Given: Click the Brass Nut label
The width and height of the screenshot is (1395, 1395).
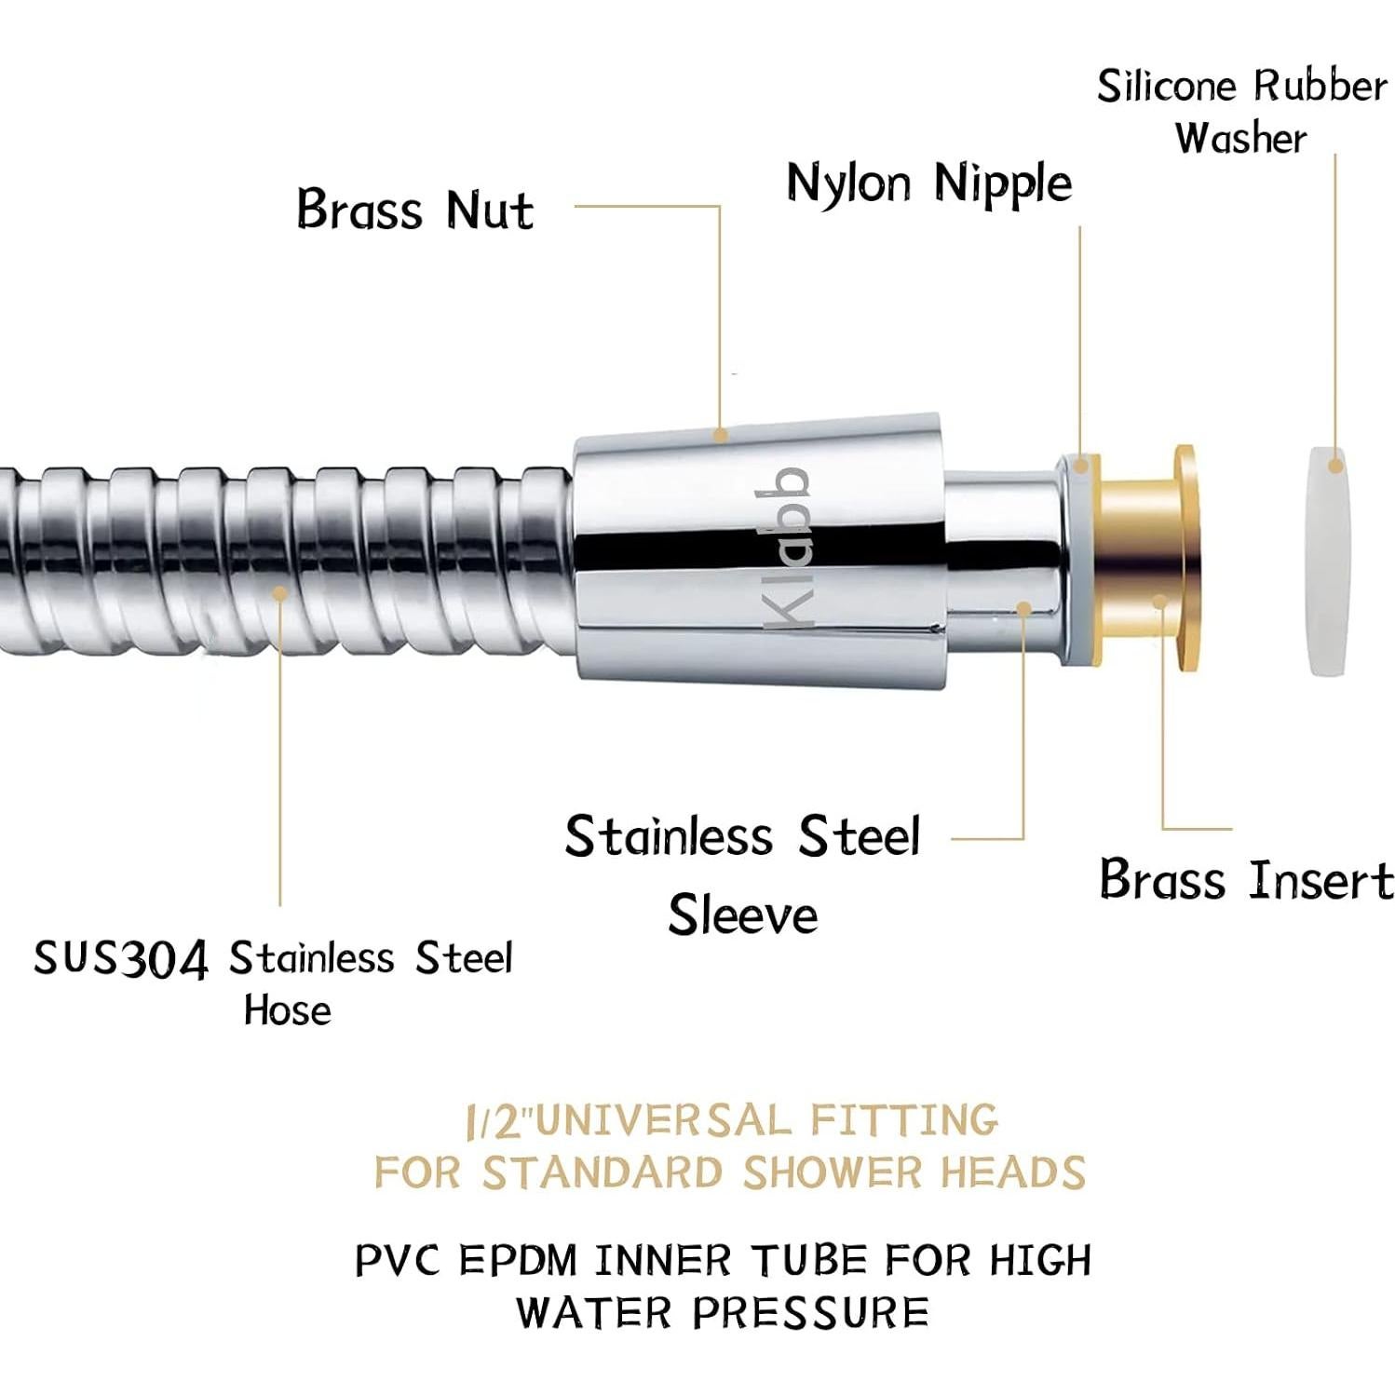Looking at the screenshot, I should (x=415, y=209).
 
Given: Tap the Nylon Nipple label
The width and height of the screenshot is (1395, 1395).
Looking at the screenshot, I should (x=929, y=183).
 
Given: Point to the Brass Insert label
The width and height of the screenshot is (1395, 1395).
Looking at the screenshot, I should (x=1246, y=879).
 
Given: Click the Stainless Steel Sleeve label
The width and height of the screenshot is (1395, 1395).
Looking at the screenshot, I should (x=743, y=874).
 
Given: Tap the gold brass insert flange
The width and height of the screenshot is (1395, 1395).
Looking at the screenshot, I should (x=1184, y=559).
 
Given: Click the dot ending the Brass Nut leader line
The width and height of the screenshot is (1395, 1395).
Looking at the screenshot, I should (x=720, y=434).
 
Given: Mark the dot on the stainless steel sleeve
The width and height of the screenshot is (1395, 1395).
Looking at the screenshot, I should (x=1023, y=609).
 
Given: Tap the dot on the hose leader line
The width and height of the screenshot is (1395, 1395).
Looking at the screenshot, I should (x=279, y=592).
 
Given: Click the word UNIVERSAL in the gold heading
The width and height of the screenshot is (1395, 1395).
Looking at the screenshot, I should (x=663, y=1120).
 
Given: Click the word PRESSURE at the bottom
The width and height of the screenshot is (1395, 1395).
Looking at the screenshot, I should (x=810, y=1313).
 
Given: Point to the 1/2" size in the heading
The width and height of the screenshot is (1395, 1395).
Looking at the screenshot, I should (x=498, y=1121).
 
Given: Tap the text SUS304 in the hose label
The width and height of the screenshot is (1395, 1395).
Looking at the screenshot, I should (x=121, y=959).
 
